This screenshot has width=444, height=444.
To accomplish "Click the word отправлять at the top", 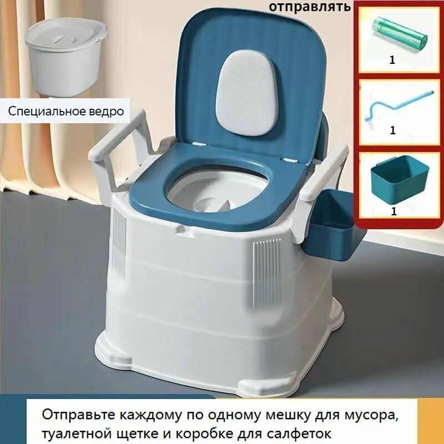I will [x=310, y=7].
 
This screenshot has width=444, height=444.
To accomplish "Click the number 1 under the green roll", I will [x=392, y=60].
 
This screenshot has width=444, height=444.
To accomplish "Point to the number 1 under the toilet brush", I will [x=392, y=131].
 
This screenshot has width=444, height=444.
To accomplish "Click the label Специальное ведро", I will [x=66, y=111].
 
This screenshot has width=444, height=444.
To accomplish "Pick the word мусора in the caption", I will [x=372, y=415].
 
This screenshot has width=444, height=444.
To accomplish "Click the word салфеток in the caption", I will [x=302, y=432].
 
